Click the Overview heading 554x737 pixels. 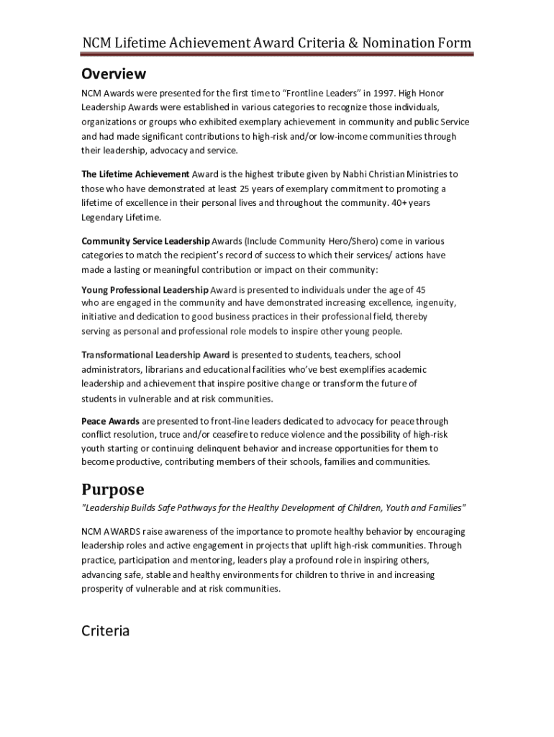114,74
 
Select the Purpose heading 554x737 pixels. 112,490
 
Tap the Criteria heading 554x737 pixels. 105,631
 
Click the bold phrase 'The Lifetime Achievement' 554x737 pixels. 135,175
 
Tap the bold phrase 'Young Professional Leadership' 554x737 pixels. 145,290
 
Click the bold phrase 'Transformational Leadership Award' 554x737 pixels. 155,355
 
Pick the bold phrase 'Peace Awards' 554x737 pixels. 110,421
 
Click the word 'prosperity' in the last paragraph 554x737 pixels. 103,588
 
